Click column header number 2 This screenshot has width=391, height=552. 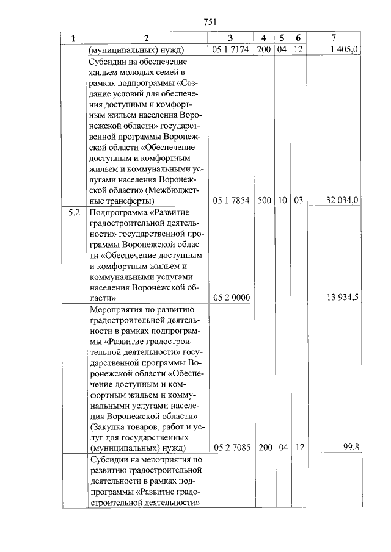click(x=147, y=38)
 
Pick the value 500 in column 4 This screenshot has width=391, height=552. click(x=265, y=200)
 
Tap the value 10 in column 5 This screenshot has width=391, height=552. click(x=282, y=200)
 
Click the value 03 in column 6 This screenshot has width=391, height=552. click(x=298, y=200)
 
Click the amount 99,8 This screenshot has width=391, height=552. click(x=351, y=447)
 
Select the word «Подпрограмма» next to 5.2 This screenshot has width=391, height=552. click(x=119, y=213)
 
